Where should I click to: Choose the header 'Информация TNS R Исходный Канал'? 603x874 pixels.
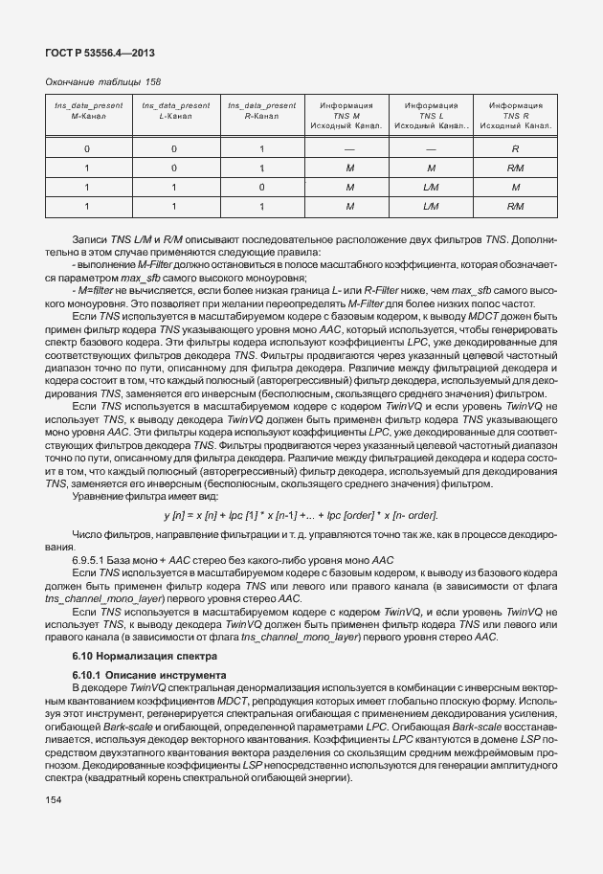point(515,115)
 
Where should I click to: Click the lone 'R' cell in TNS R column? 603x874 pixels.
point(515,149)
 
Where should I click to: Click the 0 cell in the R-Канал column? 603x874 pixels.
point(261,187)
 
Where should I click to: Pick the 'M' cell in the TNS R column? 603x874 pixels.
point(515,187)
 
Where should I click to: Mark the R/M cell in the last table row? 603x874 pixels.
point(515,206)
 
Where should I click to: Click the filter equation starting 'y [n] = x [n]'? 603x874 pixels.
point(301,516)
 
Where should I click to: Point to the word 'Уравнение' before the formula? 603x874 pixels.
point(98,496)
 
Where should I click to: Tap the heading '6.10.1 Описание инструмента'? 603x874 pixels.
point(149,675)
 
